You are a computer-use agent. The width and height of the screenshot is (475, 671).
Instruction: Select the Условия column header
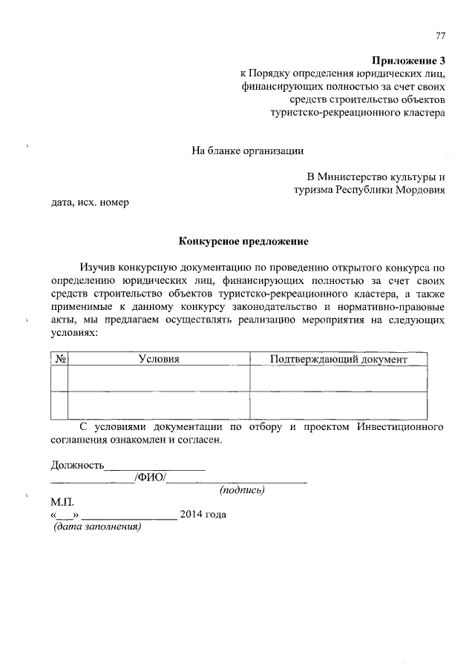159,359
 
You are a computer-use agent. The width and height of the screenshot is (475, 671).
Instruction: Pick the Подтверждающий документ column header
338,359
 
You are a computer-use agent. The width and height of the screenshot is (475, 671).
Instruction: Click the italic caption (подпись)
242,491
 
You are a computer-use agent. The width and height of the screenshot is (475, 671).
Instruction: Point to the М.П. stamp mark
62,502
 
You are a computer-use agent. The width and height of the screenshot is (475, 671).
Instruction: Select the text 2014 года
203,515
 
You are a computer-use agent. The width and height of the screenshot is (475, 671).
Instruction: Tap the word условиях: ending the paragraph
74,334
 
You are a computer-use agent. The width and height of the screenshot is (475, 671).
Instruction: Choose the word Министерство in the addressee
349,177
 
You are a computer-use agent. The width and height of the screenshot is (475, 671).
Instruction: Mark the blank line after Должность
155,467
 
